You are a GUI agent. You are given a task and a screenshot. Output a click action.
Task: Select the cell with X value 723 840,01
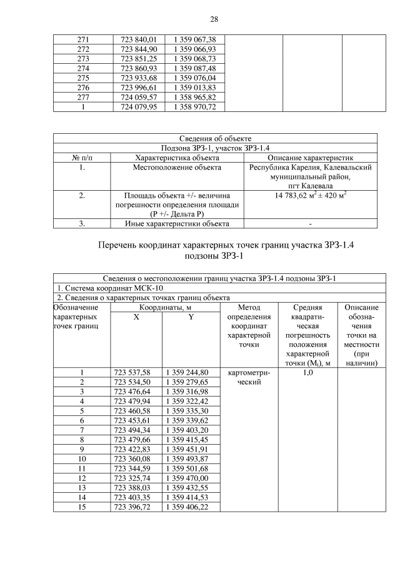click(x=138, y=39)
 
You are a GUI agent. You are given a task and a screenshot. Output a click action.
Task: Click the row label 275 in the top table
click(x=83, y=78)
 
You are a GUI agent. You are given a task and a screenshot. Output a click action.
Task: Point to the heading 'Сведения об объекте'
click(x=215, y=138)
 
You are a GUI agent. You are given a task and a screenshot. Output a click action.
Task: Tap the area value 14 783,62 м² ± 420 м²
click(x=311, y=196)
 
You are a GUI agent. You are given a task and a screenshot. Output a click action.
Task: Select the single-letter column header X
click(x=136, y=317)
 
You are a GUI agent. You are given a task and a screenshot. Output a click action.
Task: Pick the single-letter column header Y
click(x=191, y=317)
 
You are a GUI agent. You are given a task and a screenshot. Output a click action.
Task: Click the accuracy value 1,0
click(x=308, y=373)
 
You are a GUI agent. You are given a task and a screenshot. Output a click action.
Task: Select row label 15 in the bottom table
click(x=82, y=507)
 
